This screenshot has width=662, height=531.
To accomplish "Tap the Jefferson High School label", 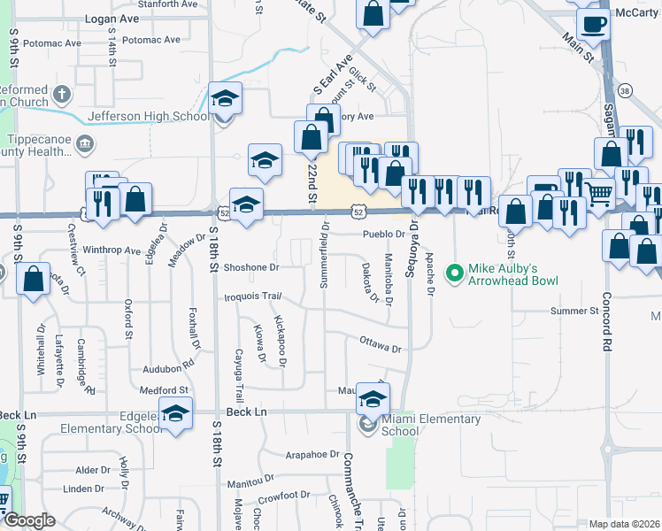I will coord(149,116).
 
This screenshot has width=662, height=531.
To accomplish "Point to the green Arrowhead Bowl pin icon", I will coord(456,273).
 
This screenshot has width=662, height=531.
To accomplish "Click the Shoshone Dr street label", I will coord(250,266).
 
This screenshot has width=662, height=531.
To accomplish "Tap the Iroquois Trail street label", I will coord(252,296).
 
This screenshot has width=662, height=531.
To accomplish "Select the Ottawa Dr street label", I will coord(381,342).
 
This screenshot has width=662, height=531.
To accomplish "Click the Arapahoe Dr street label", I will coord(312,454).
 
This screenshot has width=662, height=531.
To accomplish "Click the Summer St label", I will coord(574,311).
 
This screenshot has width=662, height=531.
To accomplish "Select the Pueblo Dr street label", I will coord(383,235).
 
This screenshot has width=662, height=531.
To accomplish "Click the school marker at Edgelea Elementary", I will coord(176,414).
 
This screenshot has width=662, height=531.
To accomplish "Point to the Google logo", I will coord(30,520).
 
